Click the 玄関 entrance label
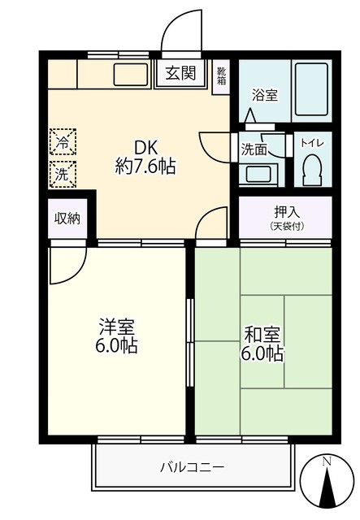180,74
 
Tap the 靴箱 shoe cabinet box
222,78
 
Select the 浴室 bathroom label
264,95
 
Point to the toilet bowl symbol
312,171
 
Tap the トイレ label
312,143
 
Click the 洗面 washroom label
254,149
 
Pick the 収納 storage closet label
67,218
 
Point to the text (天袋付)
285,226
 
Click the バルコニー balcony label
193,467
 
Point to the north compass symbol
327,484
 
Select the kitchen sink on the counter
131,75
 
